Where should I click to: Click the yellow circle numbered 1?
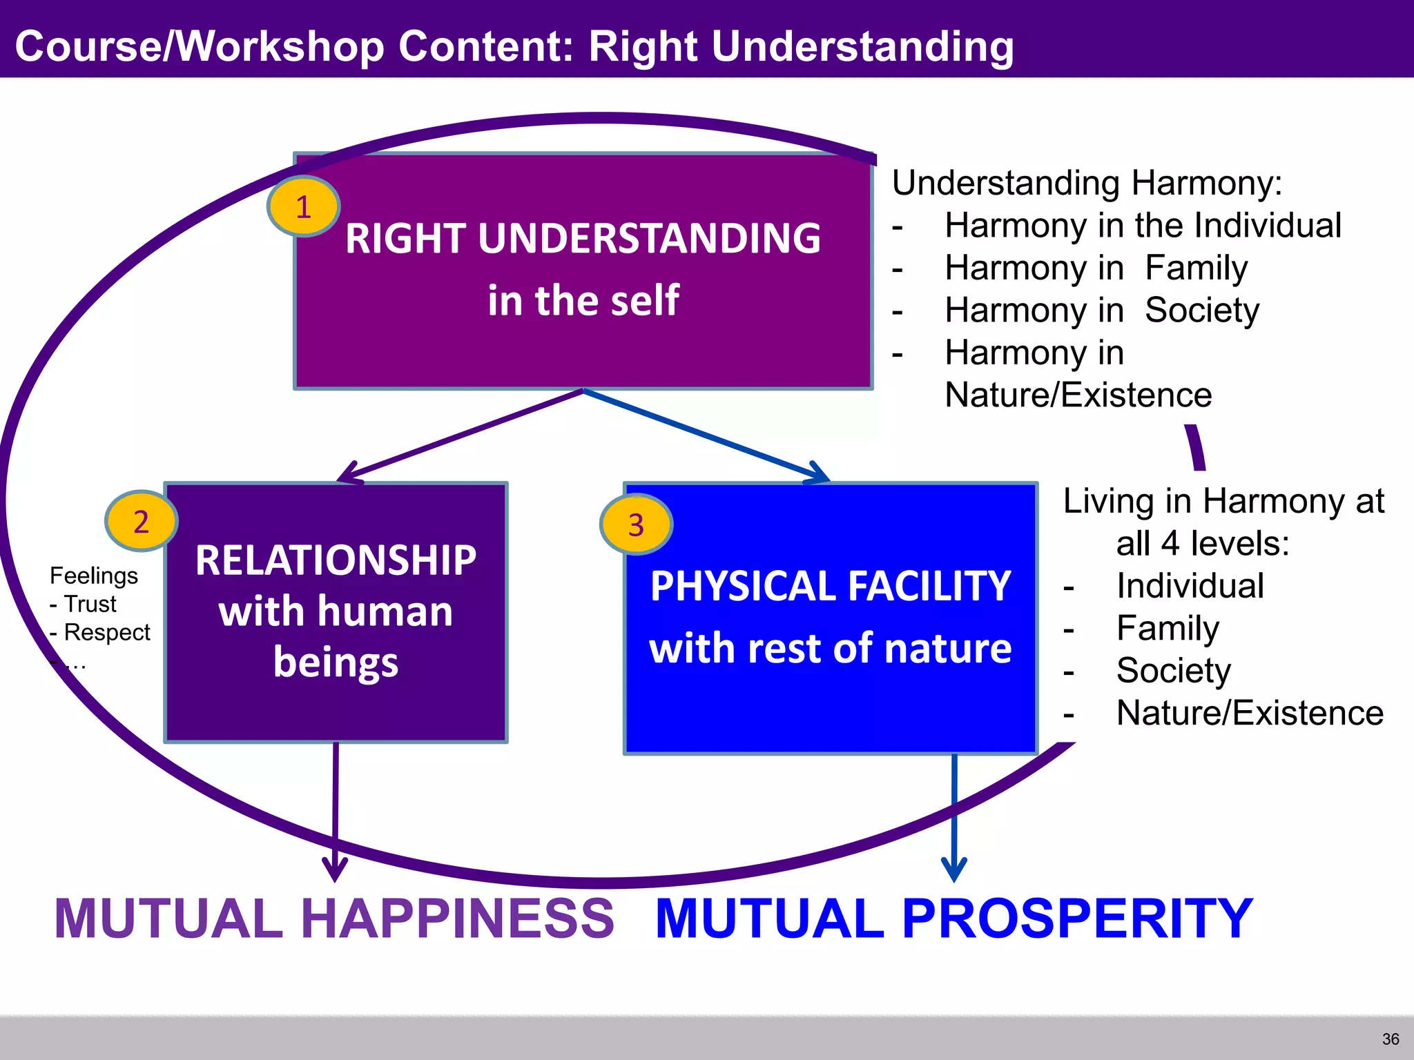pyautogui.click(x=303, y=206)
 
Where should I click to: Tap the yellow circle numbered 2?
pyautogui.click(x=141, y=521)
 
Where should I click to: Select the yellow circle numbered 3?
pyautogui.click(x=636, y=524)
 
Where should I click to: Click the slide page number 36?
pyautogui.click(x=1391, y=1039)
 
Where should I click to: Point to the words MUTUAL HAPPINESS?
pyautogui.click(x=334, y=919)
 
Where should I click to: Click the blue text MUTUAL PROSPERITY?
pyautogui.click(x=953, y=919)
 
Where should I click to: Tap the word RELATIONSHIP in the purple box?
pyautogui.click(x=336, y=560)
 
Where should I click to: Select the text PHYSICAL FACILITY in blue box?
pyautogui.click(x=831, y=586)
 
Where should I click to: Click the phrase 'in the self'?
pyautogui.click(x=583, y=300)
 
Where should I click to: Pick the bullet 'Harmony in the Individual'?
pyautogui.click(x=1143, y=226)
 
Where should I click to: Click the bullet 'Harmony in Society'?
pyautogui.click(x=1101, y=311)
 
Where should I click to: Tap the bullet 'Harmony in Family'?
pyautogui.click(x=1096, y=268)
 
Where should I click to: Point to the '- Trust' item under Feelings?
pyautogui.click(x=83, y=604)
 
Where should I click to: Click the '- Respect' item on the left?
pyautogui.click(x=100, y=632)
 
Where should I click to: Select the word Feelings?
pyautogui.click(x=94, y=576)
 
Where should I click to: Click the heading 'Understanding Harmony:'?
pyautogui.click(x=1087, y=183)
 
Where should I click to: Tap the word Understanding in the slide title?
pyautogui.click(x=862, y=46)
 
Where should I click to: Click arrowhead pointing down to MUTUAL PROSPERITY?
pyautogui.click(x=954, y=871)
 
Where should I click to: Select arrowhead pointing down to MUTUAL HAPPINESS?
pyautogui.click(x=335, y=871)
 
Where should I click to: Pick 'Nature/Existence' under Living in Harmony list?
pyautogui.click(x=1250, y=713)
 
